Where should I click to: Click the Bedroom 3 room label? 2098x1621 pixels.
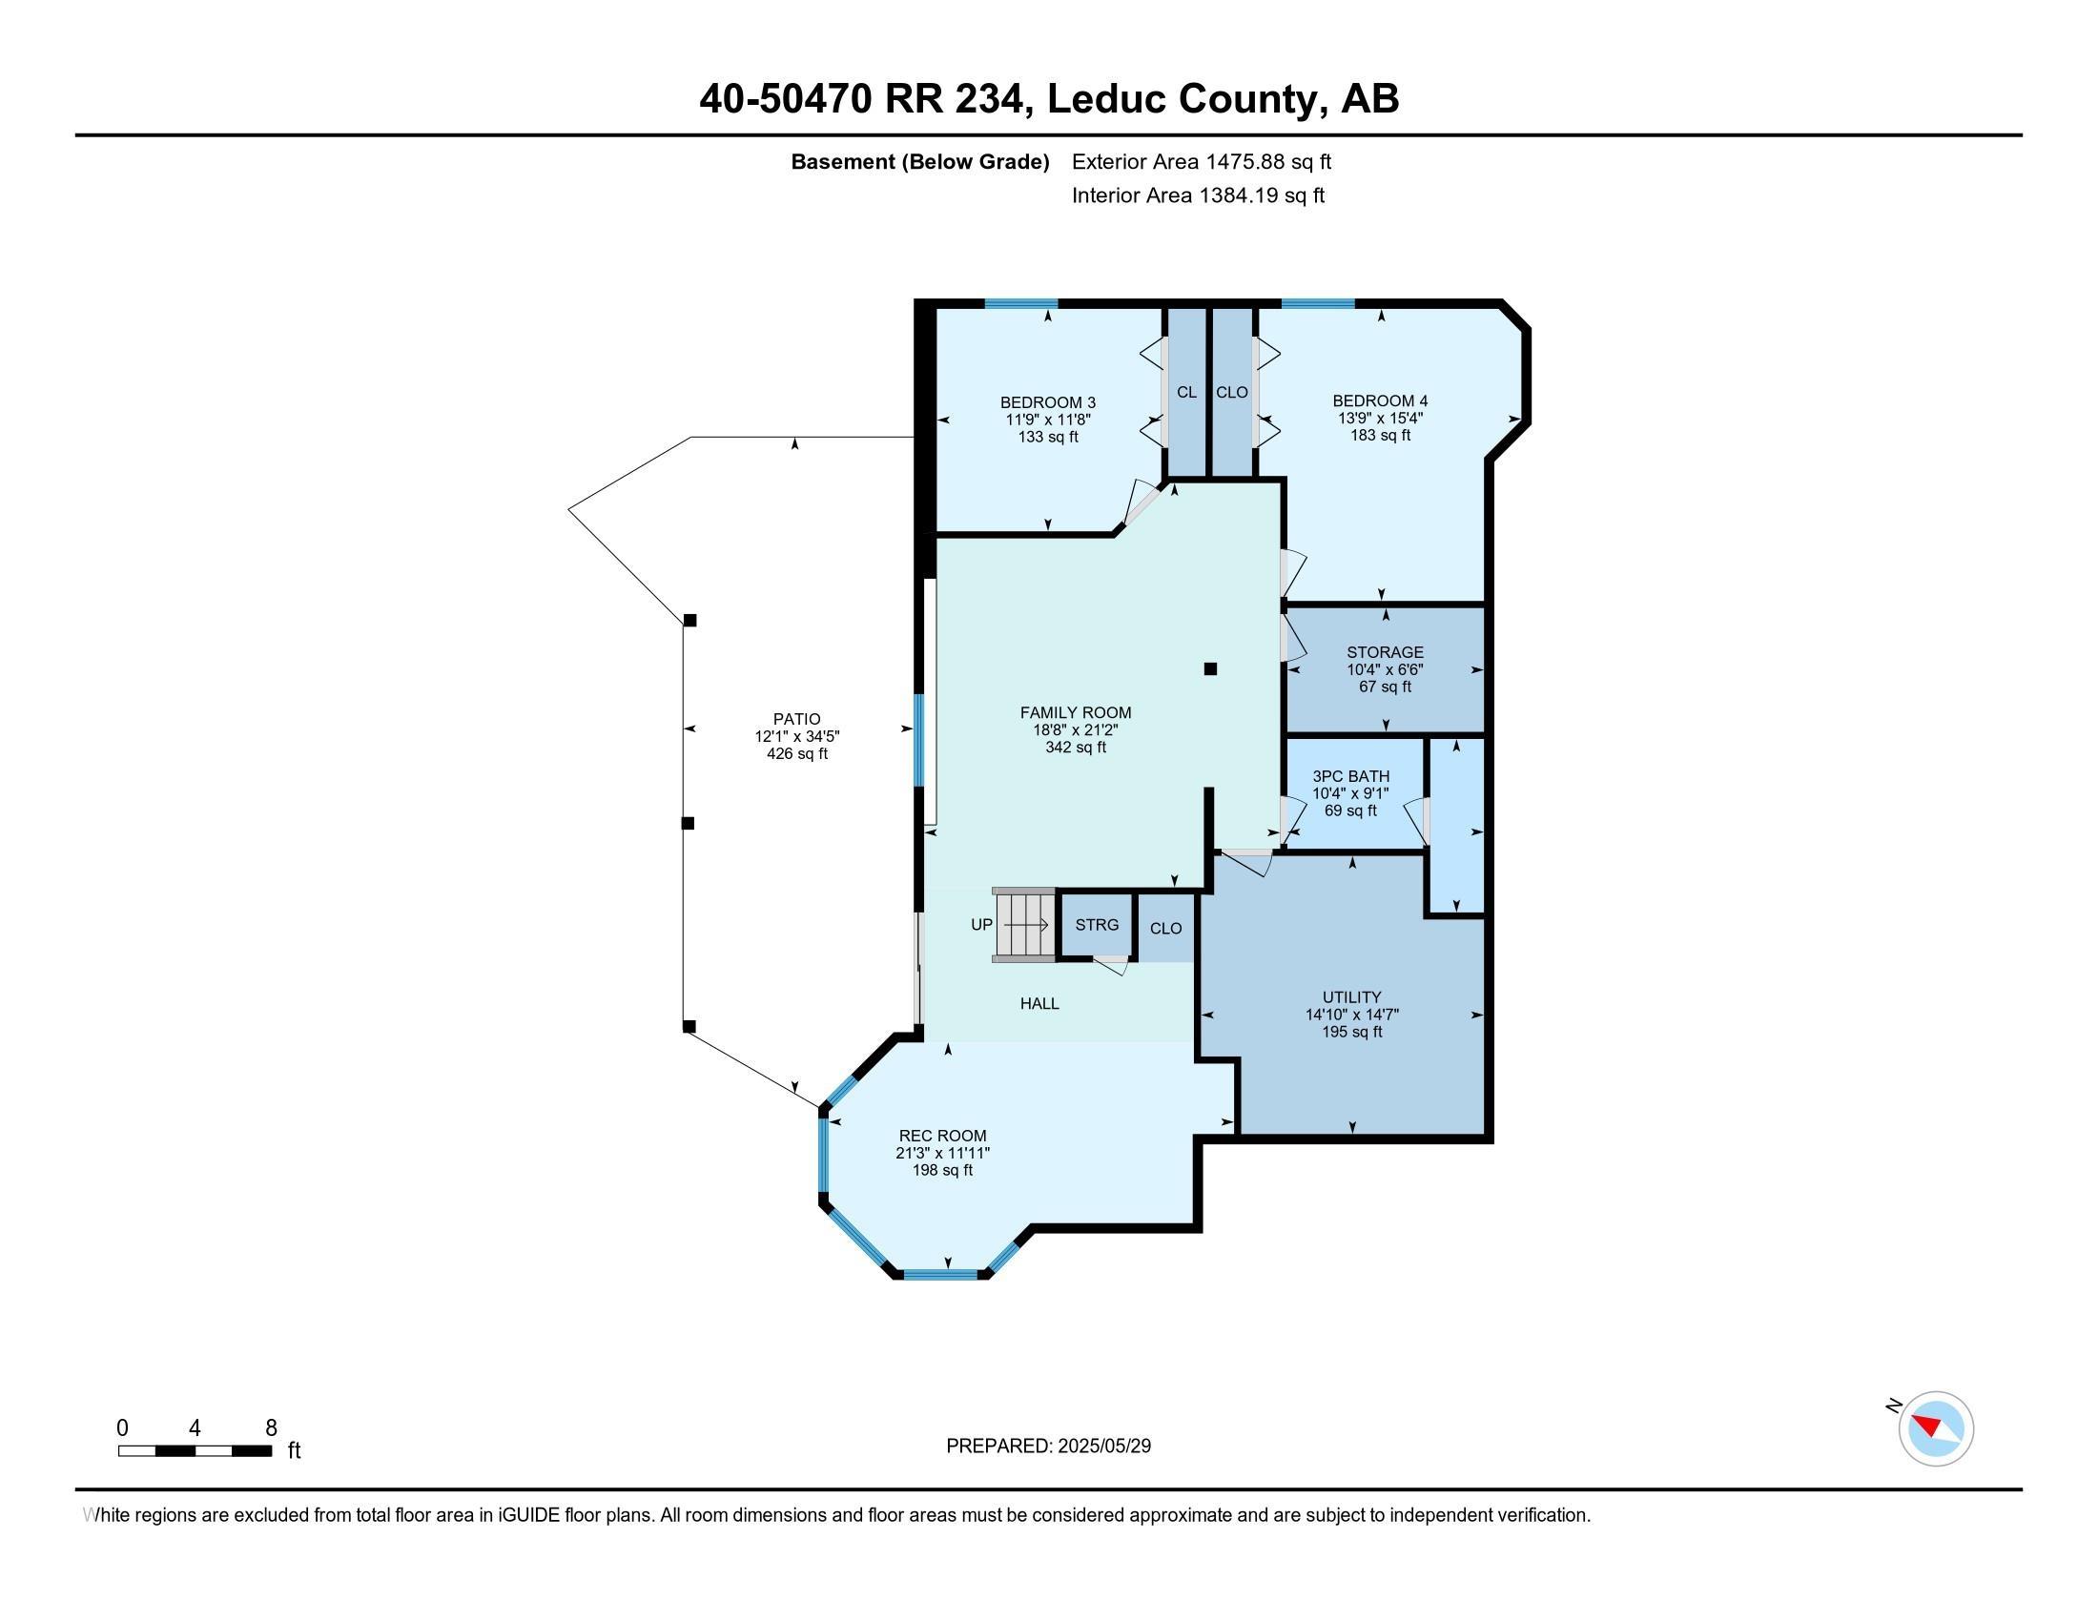point(1047,402)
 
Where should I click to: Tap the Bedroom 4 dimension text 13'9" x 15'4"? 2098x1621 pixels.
point(1380,419)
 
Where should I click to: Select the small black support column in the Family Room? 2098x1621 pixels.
point(1210,669)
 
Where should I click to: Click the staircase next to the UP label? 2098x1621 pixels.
point(1024,925)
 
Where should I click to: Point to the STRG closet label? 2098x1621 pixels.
point(1096,925)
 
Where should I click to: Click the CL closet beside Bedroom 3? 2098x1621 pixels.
point(1186,392)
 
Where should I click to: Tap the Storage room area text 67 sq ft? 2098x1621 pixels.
point(1385,687)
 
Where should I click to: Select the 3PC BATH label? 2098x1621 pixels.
point(1350,776)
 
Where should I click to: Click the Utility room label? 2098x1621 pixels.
point(1350,996)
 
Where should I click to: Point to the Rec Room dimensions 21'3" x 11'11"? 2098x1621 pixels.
point(941,1154)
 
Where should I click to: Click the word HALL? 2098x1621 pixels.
point(1039,1003)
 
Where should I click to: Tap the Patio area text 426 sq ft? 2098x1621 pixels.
point(796,754)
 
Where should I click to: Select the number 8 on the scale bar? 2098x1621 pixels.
point(271,1428)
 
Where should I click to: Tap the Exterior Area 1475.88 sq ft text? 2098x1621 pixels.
point(1201,162)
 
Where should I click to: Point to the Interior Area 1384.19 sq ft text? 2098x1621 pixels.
point(1198,195)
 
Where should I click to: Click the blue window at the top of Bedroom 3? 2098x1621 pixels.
point(1020,304)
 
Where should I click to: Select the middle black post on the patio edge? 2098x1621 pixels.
point(688,824)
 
